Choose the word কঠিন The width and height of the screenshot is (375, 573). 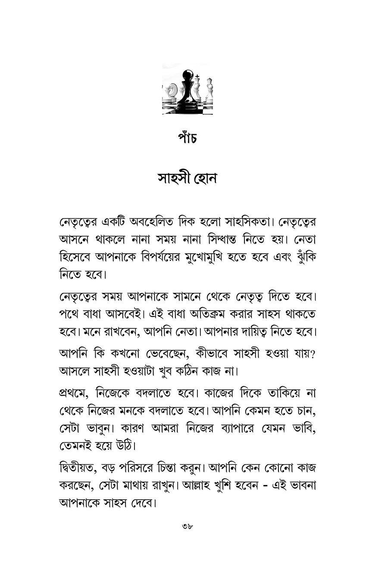pos(197,371)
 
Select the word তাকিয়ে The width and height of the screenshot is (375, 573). pos(284,394)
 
